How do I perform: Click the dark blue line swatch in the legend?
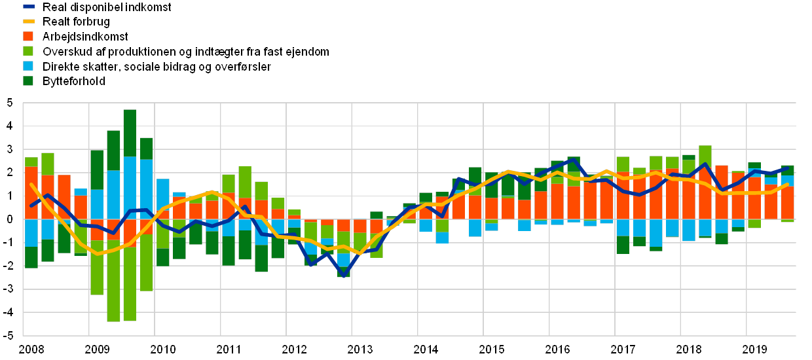point(29,7)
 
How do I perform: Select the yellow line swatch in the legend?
point(29,22)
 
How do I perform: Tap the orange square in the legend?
point(29,37)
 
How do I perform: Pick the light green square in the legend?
point(29,52)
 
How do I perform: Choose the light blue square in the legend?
point(29,67)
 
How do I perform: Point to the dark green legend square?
point(29,81)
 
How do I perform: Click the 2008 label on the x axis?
point(31,349)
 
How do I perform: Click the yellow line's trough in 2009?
point(98,253)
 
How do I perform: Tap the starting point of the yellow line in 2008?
point(31,185)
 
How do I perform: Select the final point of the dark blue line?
point(787,168)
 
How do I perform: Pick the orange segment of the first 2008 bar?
point(31,193)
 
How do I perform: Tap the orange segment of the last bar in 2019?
point(787,202)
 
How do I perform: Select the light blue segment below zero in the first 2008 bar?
point(31,233)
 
